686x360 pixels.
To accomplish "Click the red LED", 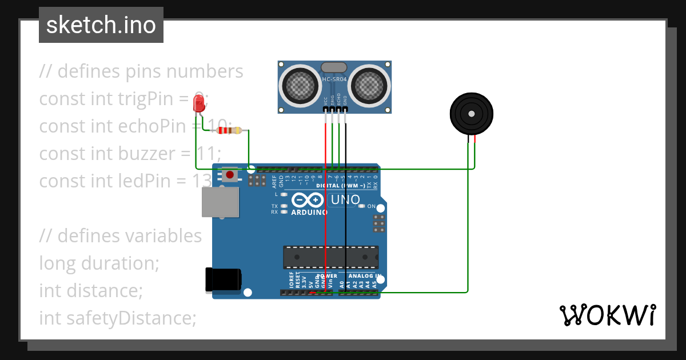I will pos(199,103).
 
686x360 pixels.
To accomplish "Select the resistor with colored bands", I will pos(229,131).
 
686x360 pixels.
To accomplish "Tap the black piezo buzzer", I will pos(470,114).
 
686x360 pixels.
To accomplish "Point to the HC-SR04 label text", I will pos(334,79).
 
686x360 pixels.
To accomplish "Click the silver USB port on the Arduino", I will pos(220,202).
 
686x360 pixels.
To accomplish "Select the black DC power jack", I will pos(223,280).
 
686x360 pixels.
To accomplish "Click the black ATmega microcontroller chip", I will pos(331,257).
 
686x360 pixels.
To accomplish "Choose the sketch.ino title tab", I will pos(101,25).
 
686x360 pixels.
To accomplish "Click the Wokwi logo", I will pos(607,315).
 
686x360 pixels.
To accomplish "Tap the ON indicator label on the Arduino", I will pos(371,206).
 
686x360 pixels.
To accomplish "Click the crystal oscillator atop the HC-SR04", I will pos(334,67).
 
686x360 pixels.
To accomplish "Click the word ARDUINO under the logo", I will pos(309,212).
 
